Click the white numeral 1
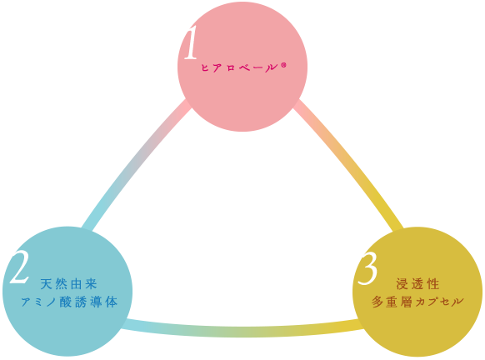[x=191, y=42]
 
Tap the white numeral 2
[x=19, y=267]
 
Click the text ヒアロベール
[x=238, y=67]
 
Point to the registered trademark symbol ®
[x=283, y=65]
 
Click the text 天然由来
[x=69, y=284]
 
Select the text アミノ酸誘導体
[x=70, y=302]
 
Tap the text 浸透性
[x=417, y=284]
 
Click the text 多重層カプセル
[x=417, y=302]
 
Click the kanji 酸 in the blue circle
[x=66, y=302]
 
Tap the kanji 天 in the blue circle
[x=46, y=284]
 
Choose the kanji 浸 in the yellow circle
[x=402, y=284]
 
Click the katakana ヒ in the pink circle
[x=205, y=67]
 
